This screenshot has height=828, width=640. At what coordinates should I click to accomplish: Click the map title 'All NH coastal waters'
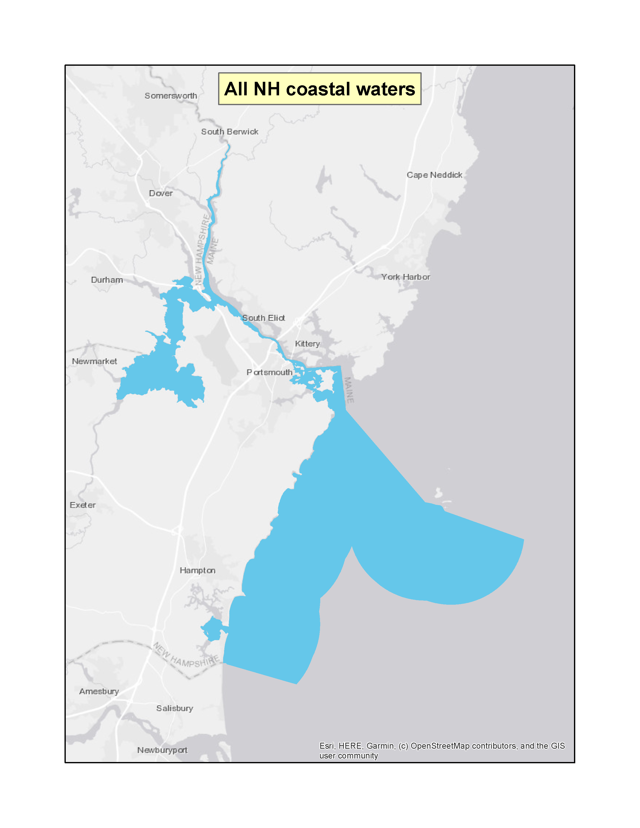(x=319, y=89)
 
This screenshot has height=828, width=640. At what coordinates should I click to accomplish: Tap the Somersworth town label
(x=171, y=96)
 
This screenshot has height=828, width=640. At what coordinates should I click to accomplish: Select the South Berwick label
(x=229, y=132)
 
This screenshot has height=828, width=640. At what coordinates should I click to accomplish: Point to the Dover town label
(x=161, y=193)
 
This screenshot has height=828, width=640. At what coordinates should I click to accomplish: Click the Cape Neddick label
(x=434, y=175)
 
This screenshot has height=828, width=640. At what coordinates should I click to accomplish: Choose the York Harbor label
(x=406, y=277)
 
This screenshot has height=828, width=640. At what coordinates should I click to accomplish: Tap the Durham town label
(x=107, y=280)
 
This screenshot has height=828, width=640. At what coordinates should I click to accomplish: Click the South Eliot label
(x=264, y=318)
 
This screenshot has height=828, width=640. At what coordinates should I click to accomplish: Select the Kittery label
(x=307, y=344)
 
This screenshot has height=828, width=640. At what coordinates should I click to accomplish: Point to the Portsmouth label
(x=270, y=373)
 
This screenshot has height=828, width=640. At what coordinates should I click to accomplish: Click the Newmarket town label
(x=94, y=362)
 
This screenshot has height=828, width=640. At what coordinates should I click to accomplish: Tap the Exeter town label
(x=83, y=505)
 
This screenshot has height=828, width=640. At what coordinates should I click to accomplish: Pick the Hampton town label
(x=198, y=571)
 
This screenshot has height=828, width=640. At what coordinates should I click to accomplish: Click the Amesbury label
(x=99, y=692)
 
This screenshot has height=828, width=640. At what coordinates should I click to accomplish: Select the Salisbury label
(x=175, y=709)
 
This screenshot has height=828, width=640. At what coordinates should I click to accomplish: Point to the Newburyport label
(x=162, y=750)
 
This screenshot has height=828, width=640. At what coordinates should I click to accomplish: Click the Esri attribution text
(x=442, y=751)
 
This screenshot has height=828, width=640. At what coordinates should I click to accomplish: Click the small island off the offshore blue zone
(x=439, y=493)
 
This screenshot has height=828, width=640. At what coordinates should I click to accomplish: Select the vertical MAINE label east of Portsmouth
(x=349, y=390)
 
